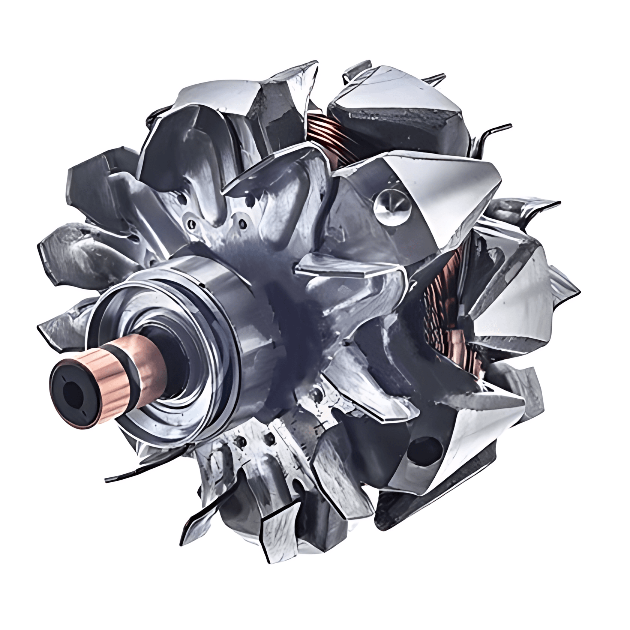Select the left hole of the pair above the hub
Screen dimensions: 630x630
coord(192,224)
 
